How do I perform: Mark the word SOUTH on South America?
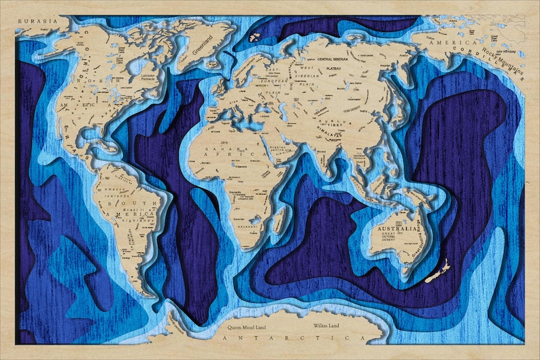(142, 203)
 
